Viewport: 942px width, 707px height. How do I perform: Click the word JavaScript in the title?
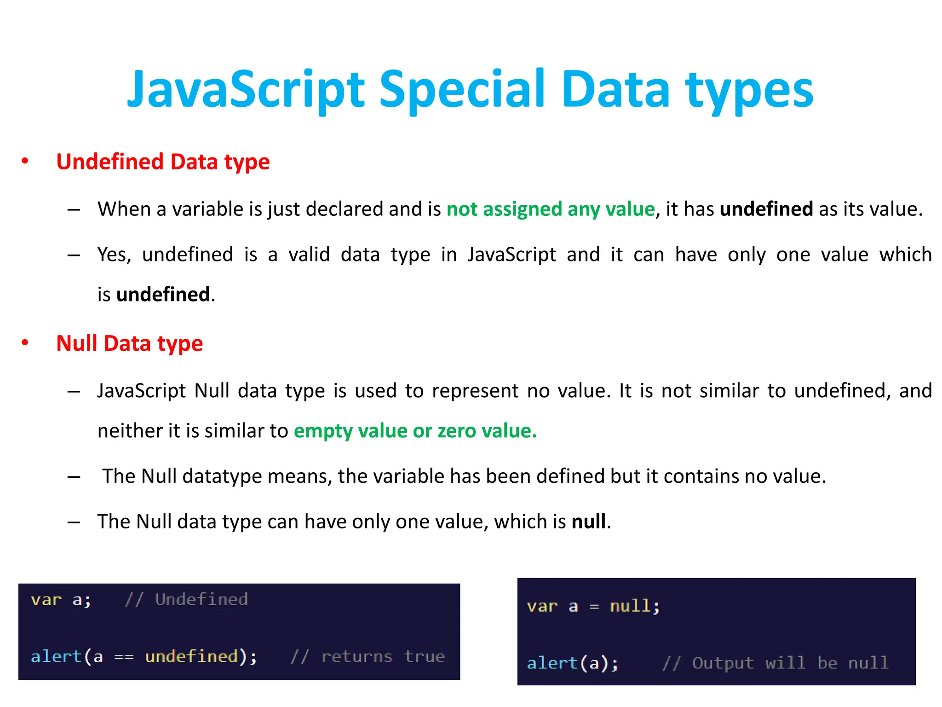(246, 89)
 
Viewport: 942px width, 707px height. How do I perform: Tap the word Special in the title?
(463, 89)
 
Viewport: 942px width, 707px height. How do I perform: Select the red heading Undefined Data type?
(163, 162)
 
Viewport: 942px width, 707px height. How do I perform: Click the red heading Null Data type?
(129, 343)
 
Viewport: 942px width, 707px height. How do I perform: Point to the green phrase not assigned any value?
(551, 209)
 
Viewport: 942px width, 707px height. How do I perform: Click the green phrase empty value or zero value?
(415, 431)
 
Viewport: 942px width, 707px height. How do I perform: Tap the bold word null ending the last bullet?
(588, 522)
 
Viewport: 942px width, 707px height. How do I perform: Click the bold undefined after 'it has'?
(766, 209)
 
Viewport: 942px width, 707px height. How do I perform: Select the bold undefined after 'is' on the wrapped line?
(163, 295)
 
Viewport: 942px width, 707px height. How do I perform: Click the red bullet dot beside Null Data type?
(25, 342)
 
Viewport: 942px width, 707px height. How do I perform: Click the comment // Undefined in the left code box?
(186, 600)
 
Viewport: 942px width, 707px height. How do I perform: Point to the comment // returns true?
(368, 657)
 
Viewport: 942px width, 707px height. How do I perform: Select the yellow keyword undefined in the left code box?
(192, 657)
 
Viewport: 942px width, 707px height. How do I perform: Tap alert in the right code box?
(552, 663)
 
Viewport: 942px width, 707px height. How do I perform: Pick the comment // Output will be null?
(775, 663)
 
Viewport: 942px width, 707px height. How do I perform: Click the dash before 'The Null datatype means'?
(74, 477)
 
